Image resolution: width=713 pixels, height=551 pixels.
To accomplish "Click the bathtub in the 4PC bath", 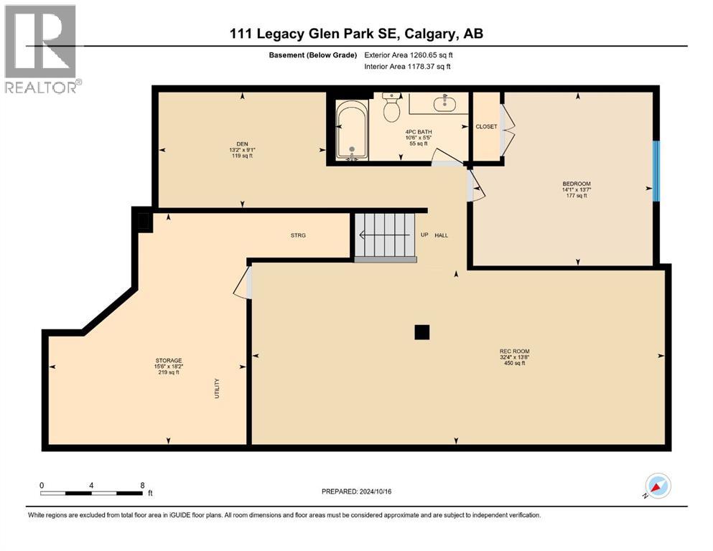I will pos(352,131).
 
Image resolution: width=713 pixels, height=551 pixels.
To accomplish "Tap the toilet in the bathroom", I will pos(391,108).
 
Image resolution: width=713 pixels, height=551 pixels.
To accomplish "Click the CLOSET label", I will pos(486,126).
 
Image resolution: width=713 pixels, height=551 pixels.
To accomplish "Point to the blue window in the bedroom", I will pos(656,170).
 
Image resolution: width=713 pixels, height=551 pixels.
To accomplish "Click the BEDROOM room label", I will pos(576,184).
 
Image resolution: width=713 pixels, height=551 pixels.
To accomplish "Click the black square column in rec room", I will pos(422,331).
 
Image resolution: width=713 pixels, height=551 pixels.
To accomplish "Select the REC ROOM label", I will pos(514,352).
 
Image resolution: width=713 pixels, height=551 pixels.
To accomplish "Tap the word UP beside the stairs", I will pos(424,235).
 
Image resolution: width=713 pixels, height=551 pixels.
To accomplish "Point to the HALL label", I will pos(442,235).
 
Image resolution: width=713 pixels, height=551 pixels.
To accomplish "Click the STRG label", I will pos(298,235).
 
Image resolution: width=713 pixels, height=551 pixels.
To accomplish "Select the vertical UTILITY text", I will pos(217,389).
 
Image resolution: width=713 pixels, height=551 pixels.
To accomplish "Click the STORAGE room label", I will pos(169,361).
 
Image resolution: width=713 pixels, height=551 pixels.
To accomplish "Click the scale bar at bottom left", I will pos(91,492).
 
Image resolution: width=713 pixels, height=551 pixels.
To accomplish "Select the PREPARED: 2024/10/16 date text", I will pos(356,491).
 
